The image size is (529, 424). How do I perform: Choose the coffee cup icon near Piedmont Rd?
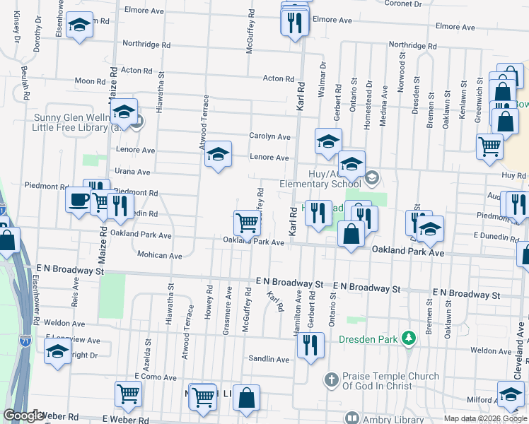pos(78,199)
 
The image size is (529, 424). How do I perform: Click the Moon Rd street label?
pos(90,81)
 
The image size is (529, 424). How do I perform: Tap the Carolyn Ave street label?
pos(269,136)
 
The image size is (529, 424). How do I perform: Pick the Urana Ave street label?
pos(133,172)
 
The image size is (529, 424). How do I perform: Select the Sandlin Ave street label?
pos(269,359)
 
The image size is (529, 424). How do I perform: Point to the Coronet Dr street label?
pos(403,4)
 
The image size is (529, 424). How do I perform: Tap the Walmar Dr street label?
pos(322,75)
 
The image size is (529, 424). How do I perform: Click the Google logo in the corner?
pos(24,416)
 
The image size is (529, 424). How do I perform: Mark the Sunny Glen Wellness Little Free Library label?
pos(78,123)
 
